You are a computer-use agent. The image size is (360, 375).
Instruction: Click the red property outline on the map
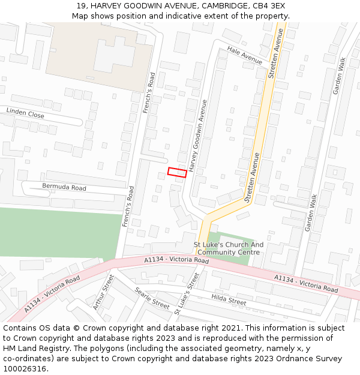pos(177,172)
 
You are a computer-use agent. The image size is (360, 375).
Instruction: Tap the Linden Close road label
pos(25,113)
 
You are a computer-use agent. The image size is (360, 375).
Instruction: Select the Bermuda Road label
pos(64,187)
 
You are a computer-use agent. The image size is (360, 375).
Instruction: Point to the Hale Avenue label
pos(245,56)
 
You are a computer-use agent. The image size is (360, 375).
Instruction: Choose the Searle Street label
pos(152,297)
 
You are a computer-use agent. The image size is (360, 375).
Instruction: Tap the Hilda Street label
pos(229,299)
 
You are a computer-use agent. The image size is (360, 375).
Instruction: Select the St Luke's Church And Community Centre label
pos(229,248)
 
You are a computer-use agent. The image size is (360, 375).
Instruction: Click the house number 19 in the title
pos(82,5)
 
